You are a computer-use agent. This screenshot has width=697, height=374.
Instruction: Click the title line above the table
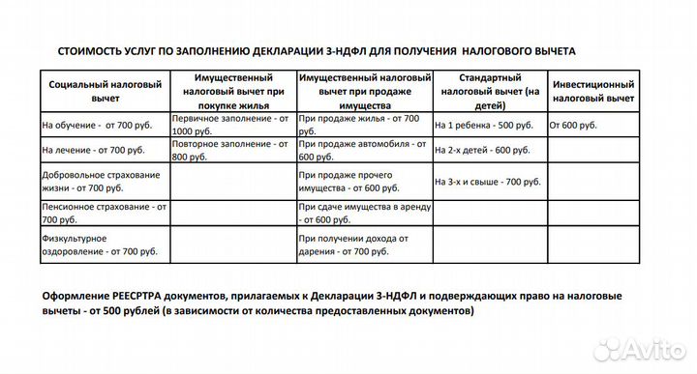[318, 50]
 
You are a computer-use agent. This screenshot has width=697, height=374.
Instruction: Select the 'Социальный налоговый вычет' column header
[105, 91]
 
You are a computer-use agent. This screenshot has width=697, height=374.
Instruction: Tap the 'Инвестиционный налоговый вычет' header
[592, 91]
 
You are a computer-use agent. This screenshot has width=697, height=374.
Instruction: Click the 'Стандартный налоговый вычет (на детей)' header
[489, 90]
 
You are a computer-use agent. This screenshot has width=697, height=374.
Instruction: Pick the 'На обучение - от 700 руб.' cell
[98, 126]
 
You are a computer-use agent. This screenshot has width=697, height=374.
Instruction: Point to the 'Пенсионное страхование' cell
[105, 212]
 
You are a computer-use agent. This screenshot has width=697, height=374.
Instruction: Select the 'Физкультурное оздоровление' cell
[100, 244]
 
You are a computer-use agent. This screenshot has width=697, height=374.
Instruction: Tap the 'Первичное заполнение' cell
[231, 125]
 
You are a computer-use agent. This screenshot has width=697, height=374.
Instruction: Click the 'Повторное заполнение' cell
[231, 150]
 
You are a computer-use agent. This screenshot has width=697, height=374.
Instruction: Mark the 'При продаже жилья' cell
[360, 125]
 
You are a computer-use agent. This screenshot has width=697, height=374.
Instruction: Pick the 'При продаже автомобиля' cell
[360, 150]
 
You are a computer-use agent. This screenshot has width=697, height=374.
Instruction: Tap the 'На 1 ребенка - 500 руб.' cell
[483, 126]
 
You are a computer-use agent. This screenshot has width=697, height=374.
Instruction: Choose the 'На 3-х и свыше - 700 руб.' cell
[487, 182]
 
